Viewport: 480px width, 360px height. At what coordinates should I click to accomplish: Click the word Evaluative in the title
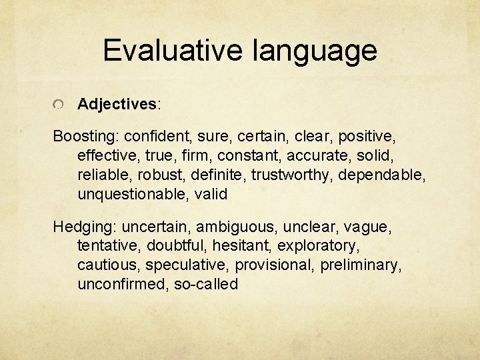click(171, 51)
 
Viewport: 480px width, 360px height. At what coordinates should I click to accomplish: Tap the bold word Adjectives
click(117, 104)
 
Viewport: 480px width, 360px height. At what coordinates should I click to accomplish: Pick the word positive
click(366, 137)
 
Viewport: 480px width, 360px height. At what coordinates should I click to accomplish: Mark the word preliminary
click(361, 265)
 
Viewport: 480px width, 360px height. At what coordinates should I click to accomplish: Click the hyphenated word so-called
click(205, 284)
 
